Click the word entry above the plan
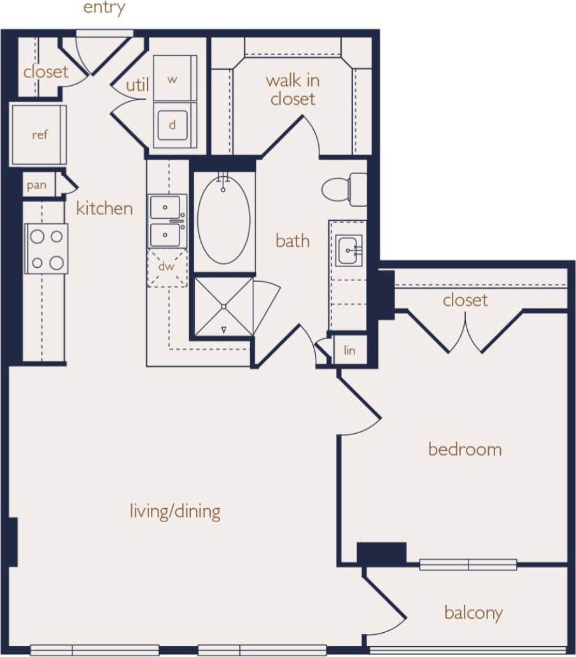click(x=104, y=8)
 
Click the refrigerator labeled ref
click(x=39, y=135)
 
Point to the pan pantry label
click(x=37, y=185)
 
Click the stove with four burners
click(x=46, y=249)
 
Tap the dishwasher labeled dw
click(x=167, y=266)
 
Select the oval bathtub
click(x=223, y=219)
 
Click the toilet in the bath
click(x=344, y=190)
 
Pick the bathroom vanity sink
click(x=348, y=249)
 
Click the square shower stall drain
click(x=224, y=307)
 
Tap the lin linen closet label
click(x=349, y=350)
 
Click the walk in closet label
click(x=293, y=90)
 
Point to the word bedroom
click(x=465, y=450)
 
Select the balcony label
click(x=473, y=613)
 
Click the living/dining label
click(x=175, y=511)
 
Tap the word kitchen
click(x=104, y=209)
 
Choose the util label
click(x=137, y=85)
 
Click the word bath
click(x=293, y=241)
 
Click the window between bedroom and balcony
click(x=468, y=564)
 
